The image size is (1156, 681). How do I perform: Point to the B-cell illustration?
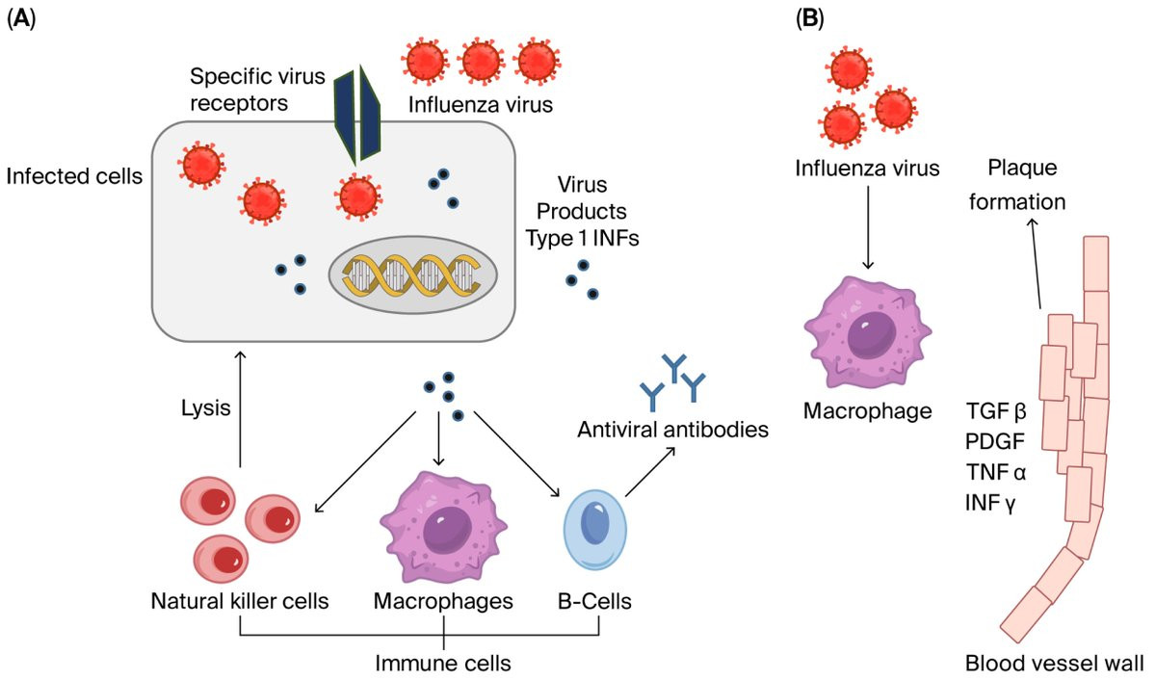(x=597, y=531)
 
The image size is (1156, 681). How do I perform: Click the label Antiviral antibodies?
(x=672, y=429)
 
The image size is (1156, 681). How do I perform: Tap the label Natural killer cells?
(x=240, y=602)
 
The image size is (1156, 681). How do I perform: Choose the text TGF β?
(x=996, y=412)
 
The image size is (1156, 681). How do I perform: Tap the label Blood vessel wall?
(x=1054, y=663)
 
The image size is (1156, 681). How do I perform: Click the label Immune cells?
(x=443, y=663)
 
